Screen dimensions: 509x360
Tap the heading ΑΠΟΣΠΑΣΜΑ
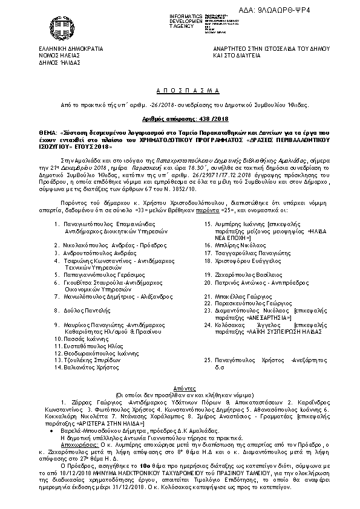(x=180, y=89)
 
